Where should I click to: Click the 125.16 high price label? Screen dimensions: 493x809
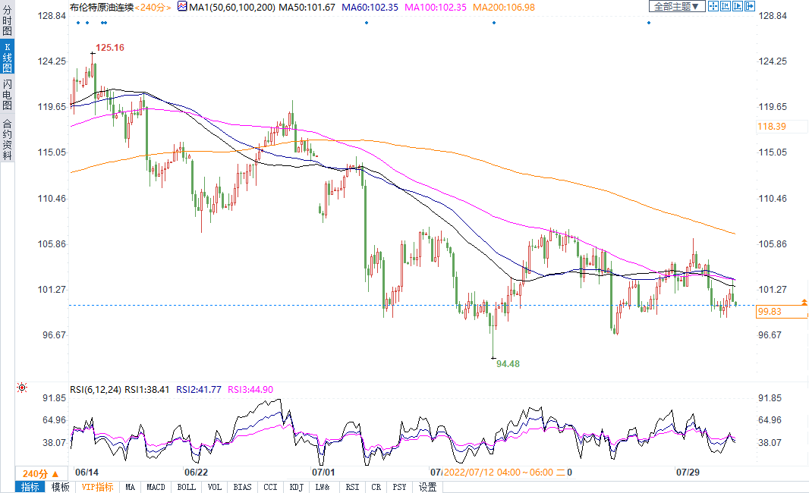click(110, 47)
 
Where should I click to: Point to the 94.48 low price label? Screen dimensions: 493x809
click(508, 364)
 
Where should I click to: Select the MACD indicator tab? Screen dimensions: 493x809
click(156, 487)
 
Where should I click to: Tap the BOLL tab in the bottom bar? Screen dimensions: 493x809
click(186, 487)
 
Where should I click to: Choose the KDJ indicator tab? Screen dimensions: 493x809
click(297, 487)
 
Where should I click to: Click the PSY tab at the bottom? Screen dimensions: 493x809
click(400, 487)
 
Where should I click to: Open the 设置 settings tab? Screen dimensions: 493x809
click(428, 487)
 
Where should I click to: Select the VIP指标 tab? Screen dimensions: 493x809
click(98, 487)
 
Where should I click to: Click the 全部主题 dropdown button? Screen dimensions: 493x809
click(675, 6)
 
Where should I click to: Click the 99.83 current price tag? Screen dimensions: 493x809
click(770, 312)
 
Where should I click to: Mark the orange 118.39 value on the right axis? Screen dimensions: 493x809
click(771, 127)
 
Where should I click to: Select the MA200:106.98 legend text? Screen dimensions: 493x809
click(504, 7)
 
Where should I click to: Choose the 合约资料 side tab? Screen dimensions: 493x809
click(7, 140)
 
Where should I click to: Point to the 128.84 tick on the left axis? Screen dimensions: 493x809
click(52, 16)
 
